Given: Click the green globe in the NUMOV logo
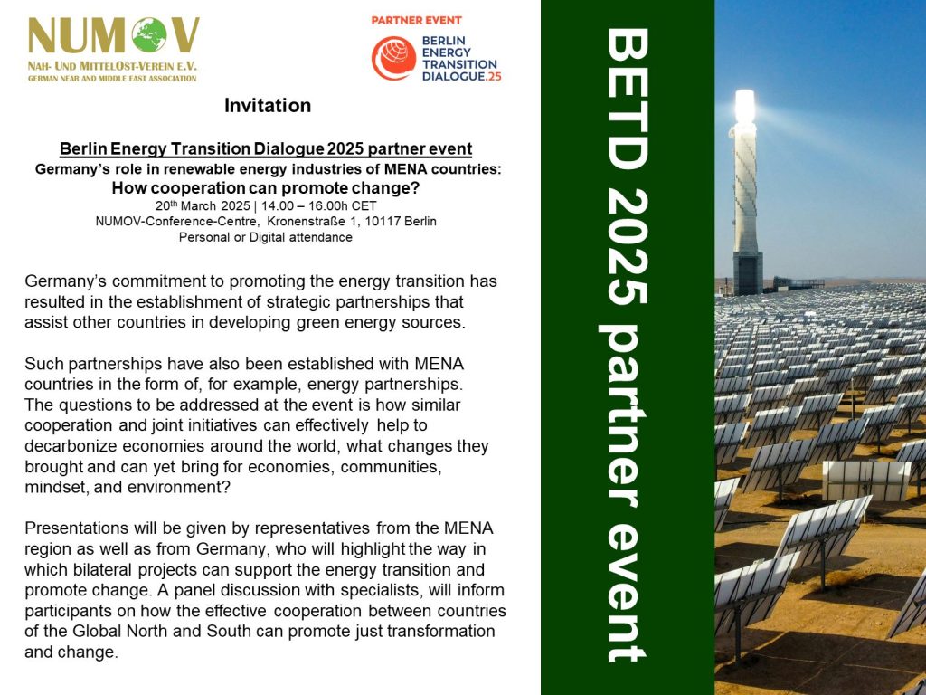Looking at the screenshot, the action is click(x=149, y=35).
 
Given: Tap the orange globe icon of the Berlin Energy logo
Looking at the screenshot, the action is click(x=394, y=58).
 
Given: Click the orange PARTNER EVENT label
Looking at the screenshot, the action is click(x=416, y=20).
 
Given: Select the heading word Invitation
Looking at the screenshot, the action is click(x=268, y=105).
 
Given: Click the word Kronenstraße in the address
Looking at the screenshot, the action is click(x=306, y=222).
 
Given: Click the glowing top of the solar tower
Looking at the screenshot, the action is click(x=745, y=107).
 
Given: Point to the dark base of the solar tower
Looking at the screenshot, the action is click(x=748, y=273).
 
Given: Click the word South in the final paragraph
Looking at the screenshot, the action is click(x=229, y=631).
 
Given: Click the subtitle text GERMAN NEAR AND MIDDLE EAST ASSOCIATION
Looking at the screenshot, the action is click(x=112, y=78).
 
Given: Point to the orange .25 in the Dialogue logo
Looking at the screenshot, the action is click(x=493, y=76).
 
